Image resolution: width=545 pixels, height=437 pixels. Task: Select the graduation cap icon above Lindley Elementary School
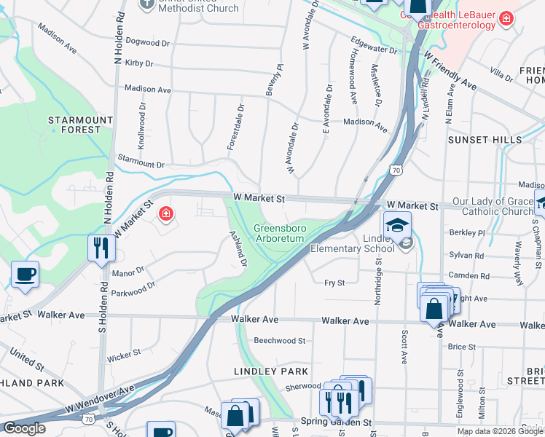pyautogui.click(x=398, y=225)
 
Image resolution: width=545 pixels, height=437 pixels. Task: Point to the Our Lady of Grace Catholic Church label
pyautogui.click(x=493, y=206)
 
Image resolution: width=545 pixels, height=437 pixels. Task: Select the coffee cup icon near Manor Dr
pyautogui.click(x=26, y=275)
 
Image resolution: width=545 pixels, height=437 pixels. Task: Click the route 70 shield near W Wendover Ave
pyautogui.click(x=88, y=419)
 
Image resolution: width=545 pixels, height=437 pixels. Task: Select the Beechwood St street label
pyautogui.click(x=279, y=340)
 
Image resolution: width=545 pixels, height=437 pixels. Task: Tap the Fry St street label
pyautogui.click(x=334, y=283)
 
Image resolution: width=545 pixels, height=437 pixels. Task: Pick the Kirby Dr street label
pyautogui.click(x=138, y=63)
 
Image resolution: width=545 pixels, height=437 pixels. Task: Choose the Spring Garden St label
pyautogui.click(x=336, y=422)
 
